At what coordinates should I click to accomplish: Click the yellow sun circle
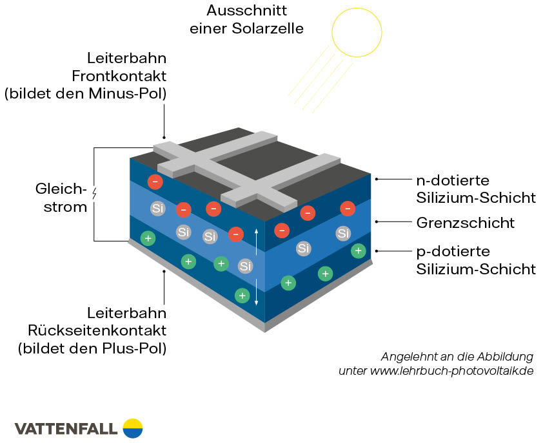click(x=356, y=31)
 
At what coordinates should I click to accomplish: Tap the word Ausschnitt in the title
click(x=238, y=11)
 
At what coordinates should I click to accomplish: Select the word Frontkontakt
click(x=128, y=75)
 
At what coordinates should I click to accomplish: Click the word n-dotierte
click(x=453, y=180)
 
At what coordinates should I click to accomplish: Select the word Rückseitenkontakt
click(x=97, y=331)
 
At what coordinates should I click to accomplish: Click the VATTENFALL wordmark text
click(x=66, y=428)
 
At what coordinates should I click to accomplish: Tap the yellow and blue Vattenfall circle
click(x=132, y=428)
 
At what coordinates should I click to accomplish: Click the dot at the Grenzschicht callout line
click(x=377, y=222)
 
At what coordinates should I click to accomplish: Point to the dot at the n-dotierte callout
click(x=377, y=178)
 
